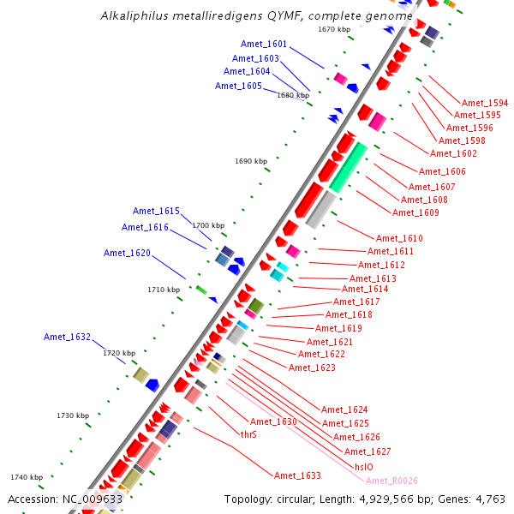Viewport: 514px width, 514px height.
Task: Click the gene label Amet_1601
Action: (264, 44)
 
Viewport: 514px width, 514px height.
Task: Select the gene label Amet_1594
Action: (485, 102)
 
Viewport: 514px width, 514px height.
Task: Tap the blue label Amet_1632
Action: (67, 338)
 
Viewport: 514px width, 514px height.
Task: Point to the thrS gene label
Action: (248, 434)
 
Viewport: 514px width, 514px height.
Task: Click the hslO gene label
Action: (363, 467)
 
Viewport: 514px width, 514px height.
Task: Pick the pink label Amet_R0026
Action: (391, 481)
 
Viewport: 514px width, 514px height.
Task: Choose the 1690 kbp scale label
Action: (251, 161)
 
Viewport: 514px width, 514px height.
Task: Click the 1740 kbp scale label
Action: (27, 477)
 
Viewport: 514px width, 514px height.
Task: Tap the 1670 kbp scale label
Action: (334, 29)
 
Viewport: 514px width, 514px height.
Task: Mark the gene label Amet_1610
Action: (400, 238)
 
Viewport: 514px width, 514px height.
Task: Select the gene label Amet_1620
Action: (127, 253)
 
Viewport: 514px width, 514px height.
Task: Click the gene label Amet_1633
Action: (297, 475)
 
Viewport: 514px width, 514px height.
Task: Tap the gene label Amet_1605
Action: (238, 86)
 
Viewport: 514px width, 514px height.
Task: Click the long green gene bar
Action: (349, 167)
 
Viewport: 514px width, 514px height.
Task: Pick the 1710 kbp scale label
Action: (164, 290)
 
